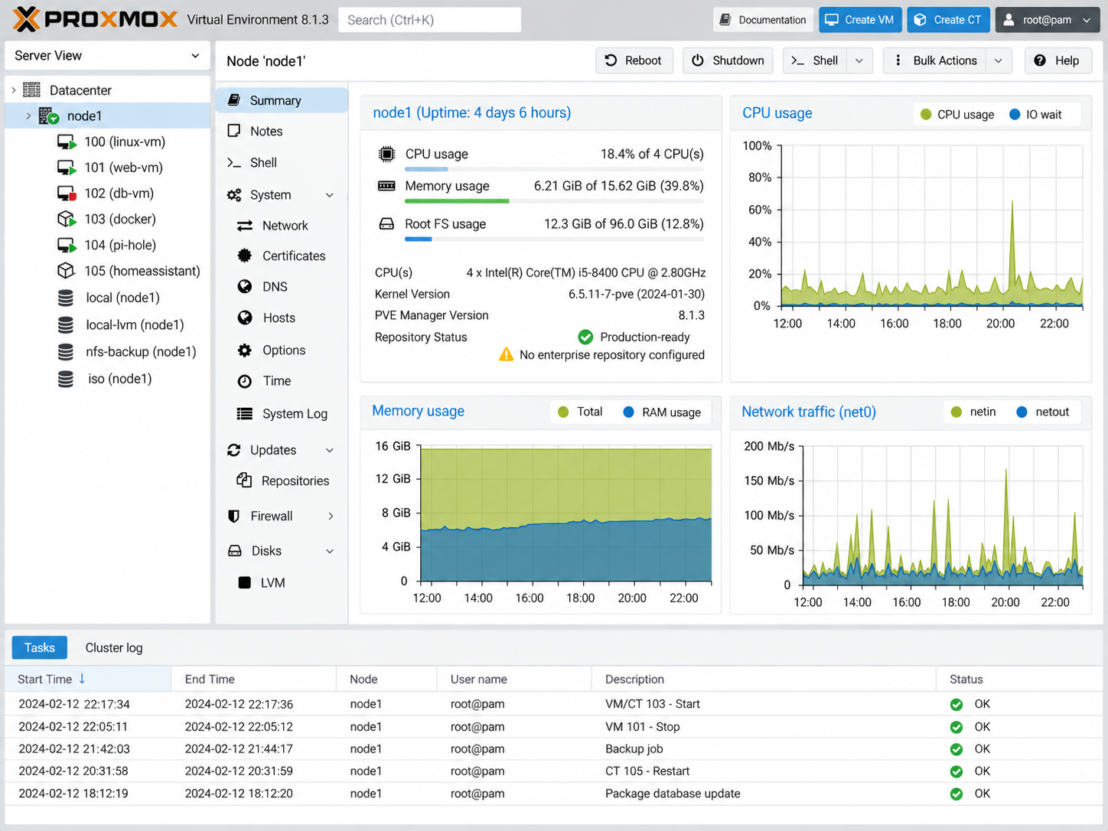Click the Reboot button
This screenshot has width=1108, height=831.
[x=634, y=60]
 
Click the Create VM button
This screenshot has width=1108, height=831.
[x=859, y=20]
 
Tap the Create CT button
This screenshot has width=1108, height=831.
[x=948, y=20]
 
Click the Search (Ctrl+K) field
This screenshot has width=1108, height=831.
[x=429, y=20]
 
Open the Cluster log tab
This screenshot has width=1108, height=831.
[x=113, y=647]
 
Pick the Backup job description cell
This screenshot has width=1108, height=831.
[x=634, y=749]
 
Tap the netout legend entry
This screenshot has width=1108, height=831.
[x=1043, y=412]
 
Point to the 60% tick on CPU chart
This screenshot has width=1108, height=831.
[x=760, y=210]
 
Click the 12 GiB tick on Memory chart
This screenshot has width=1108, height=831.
[x=393, y=479]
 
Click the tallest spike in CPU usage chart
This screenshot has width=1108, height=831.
[x=1012, y=202]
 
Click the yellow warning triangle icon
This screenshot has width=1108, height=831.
[x=506, y=355]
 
